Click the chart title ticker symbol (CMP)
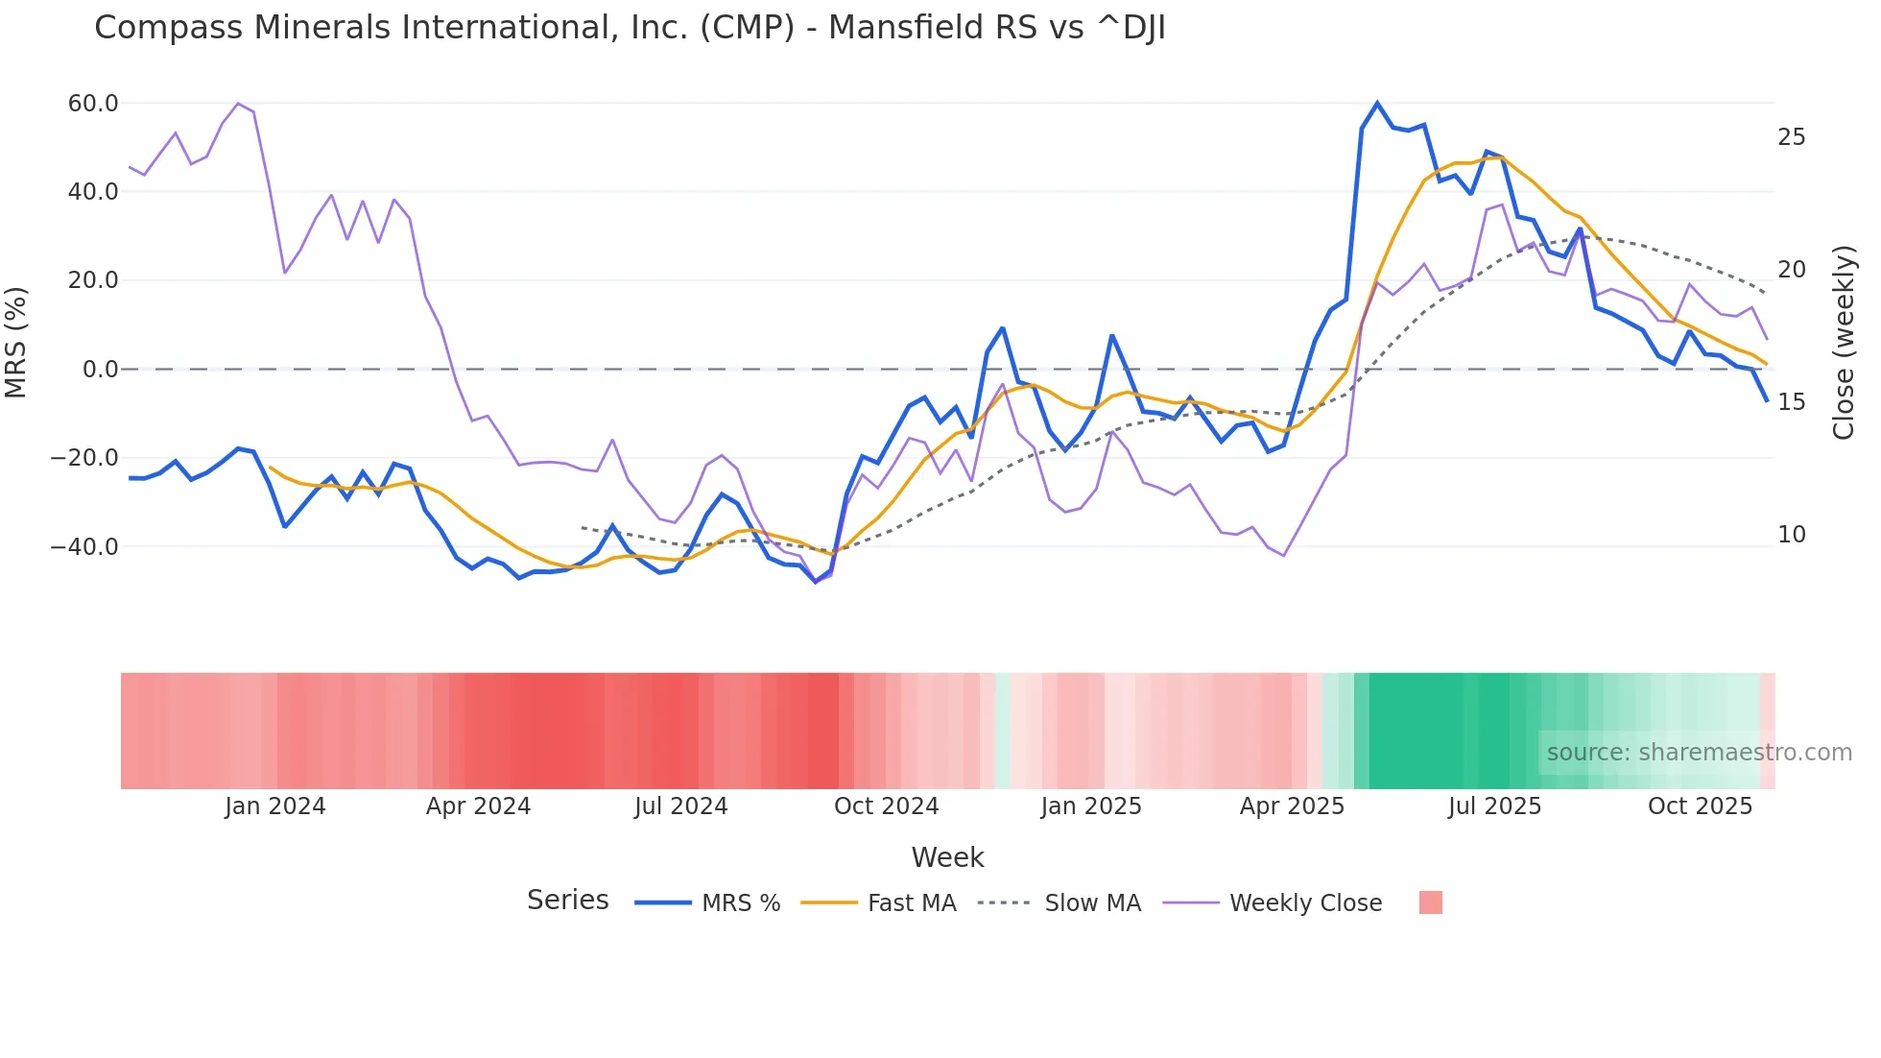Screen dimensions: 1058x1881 tap(747, 28)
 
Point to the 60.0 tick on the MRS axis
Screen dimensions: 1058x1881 tap(93, 104)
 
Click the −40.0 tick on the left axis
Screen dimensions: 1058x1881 tap(84, 547)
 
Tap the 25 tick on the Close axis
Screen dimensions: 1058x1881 tap(1791, 137)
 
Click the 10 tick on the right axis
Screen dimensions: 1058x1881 tap(1791, 535)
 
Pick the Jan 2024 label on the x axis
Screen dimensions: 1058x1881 tap(275, 806)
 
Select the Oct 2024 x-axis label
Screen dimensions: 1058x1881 tap(886, 806)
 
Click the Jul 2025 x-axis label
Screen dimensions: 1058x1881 tap(1494, 806)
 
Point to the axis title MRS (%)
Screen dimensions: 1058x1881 tap(16, 342)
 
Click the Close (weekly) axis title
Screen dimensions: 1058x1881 tap(1844, 343)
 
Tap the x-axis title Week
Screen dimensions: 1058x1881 tap(947, 857)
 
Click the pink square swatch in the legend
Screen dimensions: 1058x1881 tap(1430, 902)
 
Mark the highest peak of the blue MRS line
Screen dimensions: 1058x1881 tap(1377, 103)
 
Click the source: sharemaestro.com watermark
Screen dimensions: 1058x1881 tap(1699, 753)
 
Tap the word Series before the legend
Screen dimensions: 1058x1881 tap(567, 901)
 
